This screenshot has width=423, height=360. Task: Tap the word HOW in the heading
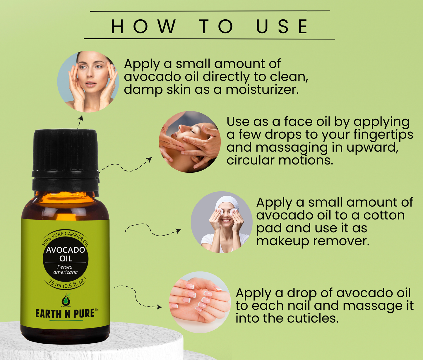pyautogui.click(x=143, y=26)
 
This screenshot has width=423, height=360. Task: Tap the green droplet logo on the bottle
pyautogui.click(x=66, y=300)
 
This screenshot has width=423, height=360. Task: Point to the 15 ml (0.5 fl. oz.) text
pyautogui.click(x=68, y=283)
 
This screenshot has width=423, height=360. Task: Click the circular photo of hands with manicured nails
pyautogui.click(x=200, y=302)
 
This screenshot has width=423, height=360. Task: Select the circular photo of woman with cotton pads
pyautogui.click(x=222, y=222)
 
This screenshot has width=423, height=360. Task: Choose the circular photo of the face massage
pyautogui.click(x=190, y=142)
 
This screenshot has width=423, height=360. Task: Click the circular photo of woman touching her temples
pyautogui.click(x=88, y=82)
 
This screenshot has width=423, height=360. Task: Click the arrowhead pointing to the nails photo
pyautogui.click(x=159, y=307)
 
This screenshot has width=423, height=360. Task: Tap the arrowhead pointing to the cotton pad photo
pyautogui.click(x=179, y=231)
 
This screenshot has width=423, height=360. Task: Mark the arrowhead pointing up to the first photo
pyautogui.click(x=81, y=118)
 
